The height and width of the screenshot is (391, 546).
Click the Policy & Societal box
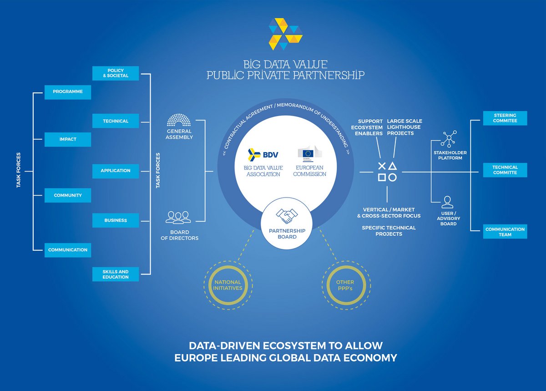pos(116,73)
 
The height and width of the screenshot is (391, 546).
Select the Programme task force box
pos(68,92)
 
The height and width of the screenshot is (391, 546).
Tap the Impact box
pos(68,140)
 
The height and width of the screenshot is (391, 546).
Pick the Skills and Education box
pos(116,274)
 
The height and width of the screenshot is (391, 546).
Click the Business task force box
pos(116,220)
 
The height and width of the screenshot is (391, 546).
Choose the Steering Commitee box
pos(505,118)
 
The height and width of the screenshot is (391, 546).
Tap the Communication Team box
pos(505,232)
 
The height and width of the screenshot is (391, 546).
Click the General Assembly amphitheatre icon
pos(179,120)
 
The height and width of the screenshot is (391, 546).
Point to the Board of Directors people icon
pos(178,218)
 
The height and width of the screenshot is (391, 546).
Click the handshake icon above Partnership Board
pos(287,216)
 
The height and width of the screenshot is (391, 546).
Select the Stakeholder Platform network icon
pos(449,139)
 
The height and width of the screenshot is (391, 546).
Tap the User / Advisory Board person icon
pos(448,202)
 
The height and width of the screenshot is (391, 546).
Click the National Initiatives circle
pos(228,285)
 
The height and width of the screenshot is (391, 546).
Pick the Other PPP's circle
pos(346,285)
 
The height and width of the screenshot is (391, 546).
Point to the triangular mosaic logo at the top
pos(285,34)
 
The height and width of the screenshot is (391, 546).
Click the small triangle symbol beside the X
pos(392,166)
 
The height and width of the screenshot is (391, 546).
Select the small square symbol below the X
pos(382,178)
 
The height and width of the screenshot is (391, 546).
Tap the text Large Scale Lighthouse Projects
pos(404,127)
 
